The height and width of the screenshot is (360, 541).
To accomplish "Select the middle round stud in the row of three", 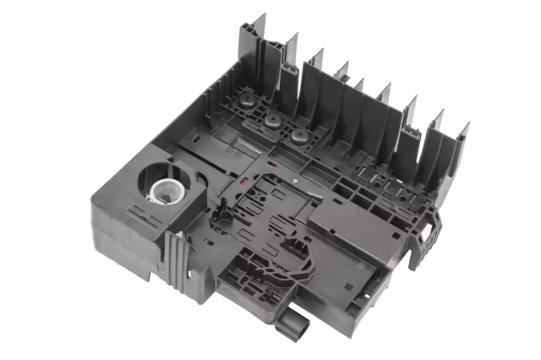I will point(272,123).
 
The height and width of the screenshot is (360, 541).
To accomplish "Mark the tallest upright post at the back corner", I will point(253,46).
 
